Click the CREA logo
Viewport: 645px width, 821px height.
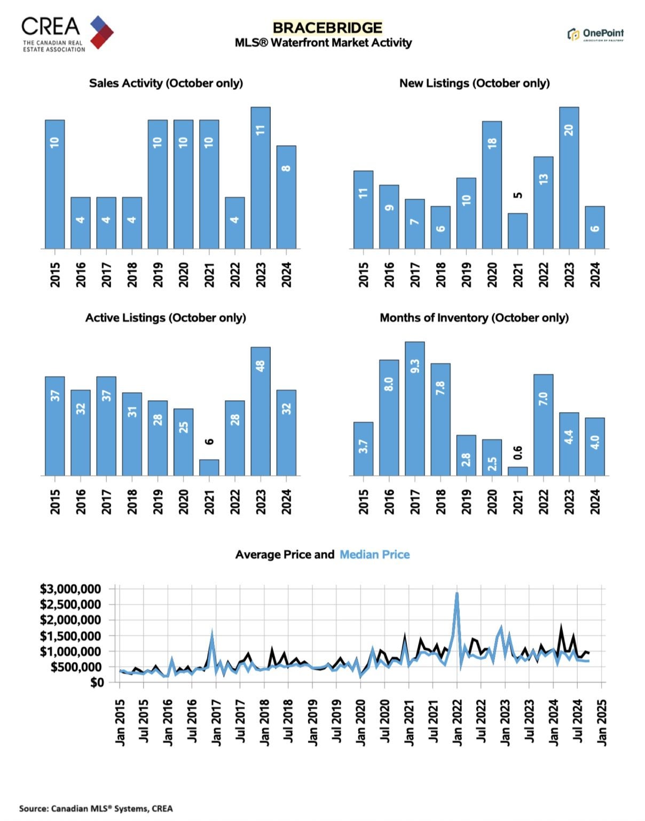[67, 33]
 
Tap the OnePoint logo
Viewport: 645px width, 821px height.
[595, 34]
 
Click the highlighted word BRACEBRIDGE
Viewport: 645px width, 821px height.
[327, 28]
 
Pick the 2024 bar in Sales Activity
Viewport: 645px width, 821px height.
[286, 197]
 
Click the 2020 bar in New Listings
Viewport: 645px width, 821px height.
[492, 185]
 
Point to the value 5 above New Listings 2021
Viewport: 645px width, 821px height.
[517, 195]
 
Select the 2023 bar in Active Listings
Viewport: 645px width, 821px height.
[261, 411]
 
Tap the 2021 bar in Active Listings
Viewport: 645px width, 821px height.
[209, 467]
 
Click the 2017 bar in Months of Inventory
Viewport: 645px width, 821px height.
[415, 408]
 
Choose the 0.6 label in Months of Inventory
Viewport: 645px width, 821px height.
[517, 453]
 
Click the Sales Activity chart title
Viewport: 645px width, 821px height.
[166, 83]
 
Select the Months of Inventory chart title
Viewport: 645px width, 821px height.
[474, 318]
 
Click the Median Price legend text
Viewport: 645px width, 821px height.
[375, 555]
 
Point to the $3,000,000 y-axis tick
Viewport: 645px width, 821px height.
[70, 589]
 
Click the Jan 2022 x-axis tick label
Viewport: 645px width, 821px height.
[458, 722]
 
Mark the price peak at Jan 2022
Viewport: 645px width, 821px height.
[457, 593]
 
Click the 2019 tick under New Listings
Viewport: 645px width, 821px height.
[466, 275]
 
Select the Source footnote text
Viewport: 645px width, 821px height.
[96, 808]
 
